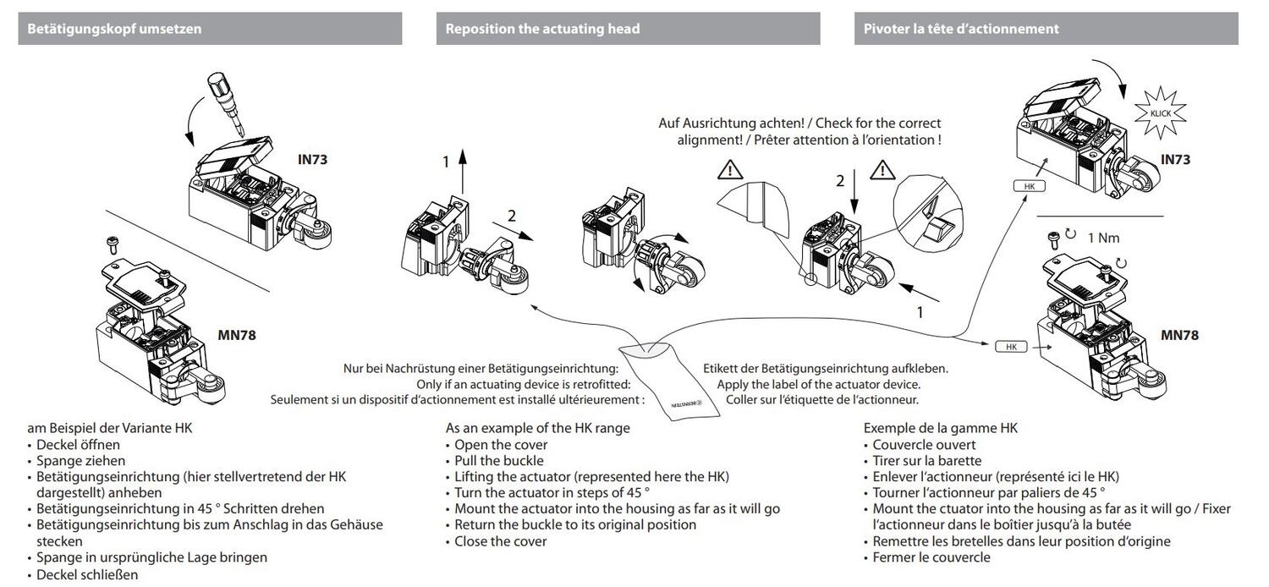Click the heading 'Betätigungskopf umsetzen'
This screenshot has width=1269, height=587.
click(x=115, y=29)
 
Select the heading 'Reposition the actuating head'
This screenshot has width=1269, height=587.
click(x=542, y=29)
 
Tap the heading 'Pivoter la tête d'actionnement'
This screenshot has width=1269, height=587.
click(x=961, y=29)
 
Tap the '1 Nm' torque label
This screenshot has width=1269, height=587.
click(x=1103, y=238)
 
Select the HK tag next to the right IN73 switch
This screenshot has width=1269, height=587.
click(x=1028, y=186)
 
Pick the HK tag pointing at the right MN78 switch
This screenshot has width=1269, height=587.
click(x=1010, y=347)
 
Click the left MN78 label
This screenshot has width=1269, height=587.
click(x=236, y=335)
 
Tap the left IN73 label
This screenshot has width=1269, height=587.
click(x=313, y=158)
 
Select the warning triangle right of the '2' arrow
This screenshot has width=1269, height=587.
click(x=882, y=171)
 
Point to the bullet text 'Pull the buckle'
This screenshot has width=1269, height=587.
click(x=499, y=461)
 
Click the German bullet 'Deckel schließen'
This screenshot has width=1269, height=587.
click(x=87, y=573)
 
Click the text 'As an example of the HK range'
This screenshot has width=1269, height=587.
click(x=538, y=428)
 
